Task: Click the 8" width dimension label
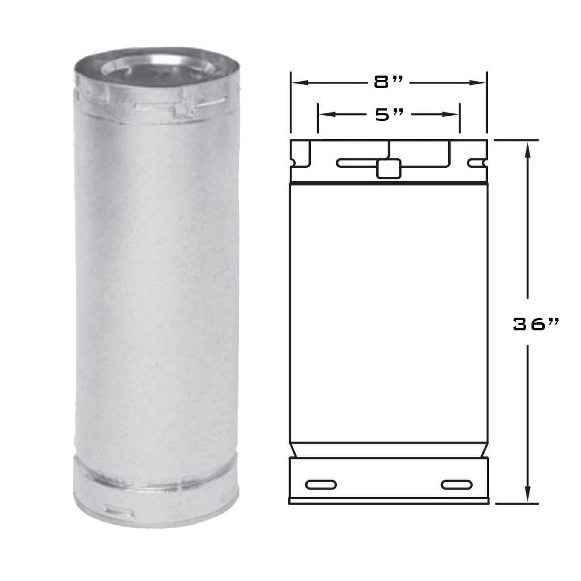coord(388,83)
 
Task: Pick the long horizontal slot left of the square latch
coord(356,163)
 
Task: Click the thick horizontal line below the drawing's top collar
coord(388,183)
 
